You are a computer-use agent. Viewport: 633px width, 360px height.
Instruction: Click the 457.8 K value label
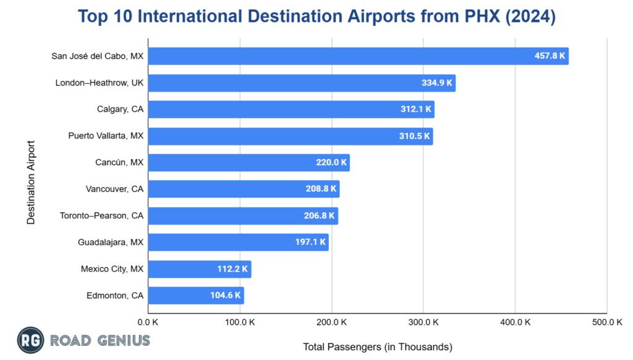click(550, 56)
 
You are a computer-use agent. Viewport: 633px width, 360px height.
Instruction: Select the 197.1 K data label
click(310, 242)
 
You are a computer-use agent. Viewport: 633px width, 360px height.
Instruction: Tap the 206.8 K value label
click(320, 216)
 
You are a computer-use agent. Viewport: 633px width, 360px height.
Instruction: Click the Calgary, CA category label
click(120, 109)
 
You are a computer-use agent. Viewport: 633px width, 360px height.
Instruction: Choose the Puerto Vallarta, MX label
click(106, 136)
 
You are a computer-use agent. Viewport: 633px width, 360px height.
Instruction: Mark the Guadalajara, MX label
click(111, 242)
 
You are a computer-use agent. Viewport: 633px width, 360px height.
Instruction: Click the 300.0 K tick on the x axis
click(423, 322)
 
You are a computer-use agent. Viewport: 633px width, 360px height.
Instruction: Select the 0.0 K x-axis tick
click(148, 322)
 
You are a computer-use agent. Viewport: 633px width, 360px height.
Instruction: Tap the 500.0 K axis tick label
click(607, 322)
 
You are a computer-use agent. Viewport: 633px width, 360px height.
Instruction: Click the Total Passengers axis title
click(378, 346)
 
